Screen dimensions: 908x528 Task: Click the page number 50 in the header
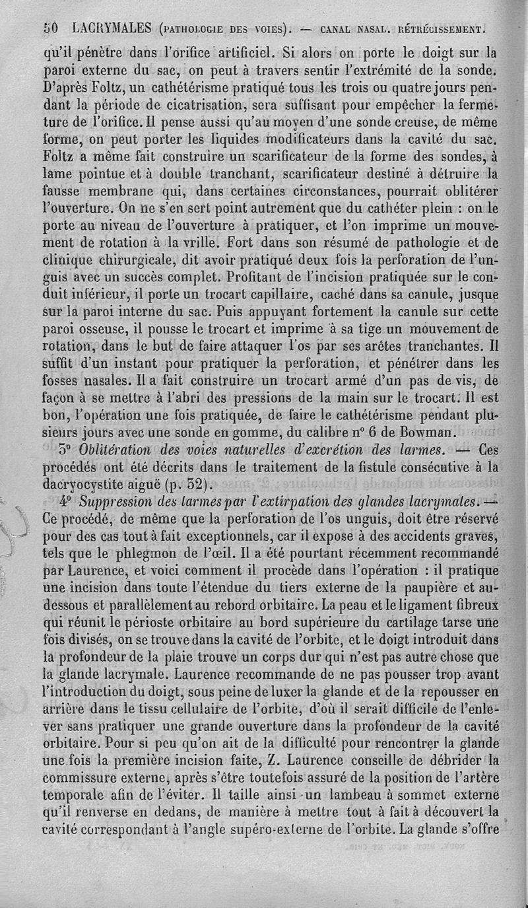[51, 29]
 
